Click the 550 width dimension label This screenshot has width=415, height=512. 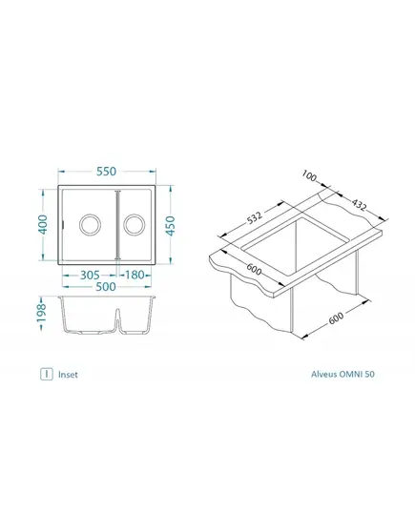click(x=106, y=171)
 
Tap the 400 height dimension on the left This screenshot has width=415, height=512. click(x=43, y=224)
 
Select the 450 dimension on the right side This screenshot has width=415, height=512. click(x=170, y=225)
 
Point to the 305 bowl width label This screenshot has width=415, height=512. click(x=90, y=275)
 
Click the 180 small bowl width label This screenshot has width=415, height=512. click(x=135, y=275)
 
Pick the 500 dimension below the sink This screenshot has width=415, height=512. click(x=106, y=287)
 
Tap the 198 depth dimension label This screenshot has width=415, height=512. click(x=42, y=313)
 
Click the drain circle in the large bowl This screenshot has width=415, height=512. click(x=90, y=225)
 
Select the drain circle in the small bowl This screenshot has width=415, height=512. click(x=135, y=225)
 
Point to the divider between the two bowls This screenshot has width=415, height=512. click(x=117, y=225)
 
